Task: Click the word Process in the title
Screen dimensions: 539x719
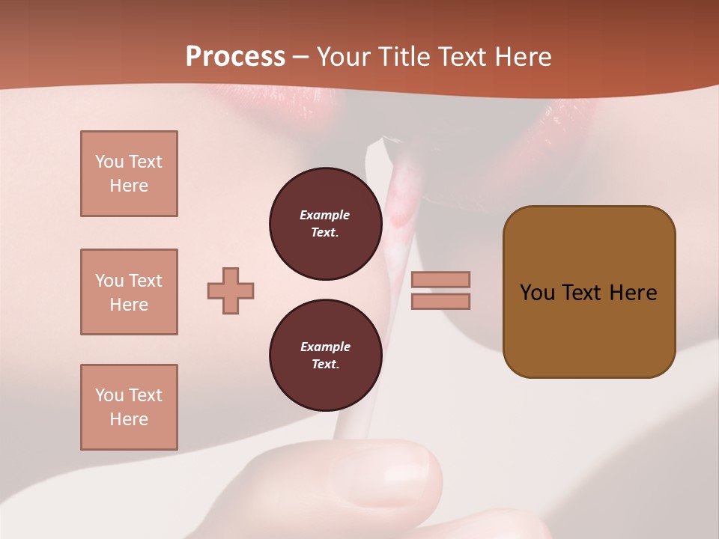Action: [x=235, y=57]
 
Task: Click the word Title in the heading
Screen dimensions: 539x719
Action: [x=404, y=57]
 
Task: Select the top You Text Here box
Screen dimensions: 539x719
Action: [x=129, y=174]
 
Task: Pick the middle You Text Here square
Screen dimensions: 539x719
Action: [x=129, y=292]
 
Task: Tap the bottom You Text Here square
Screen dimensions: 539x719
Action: [x=129, y=407]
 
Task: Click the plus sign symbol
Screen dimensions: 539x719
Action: [x=231, y=290]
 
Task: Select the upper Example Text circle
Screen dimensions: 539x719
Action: [x=325, y=224]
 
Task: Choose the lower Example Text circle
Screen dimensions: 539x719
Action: [x=325, y=356]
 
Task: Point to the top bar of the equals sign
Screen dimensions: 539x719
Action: [x=440, y=279]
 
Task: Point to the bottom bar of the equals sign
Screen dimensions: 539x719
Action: [x=440, y=301]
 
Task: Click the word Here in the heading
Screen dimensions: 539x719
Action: [x=524, y=57]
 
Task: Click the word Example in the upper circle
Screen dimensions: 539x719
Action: [x=324, y=215]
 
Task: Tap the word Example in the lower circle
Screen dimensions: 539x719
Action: [x=324, y=347]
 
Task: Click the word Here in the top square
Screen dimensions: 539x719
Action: [x=129, y=186]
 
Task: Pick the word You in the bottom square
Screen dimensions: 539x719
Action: [x=109, y=395]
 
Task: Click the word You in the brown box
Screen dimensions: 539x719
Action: [x=537, y=293]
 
